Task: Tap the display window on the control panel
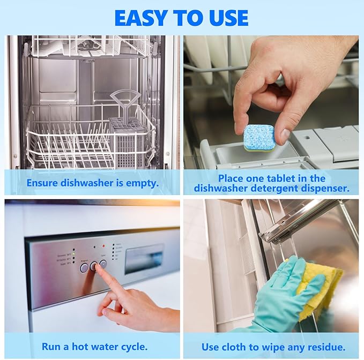pos(144,259)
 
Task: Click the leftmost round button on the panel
pos(84,267)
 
